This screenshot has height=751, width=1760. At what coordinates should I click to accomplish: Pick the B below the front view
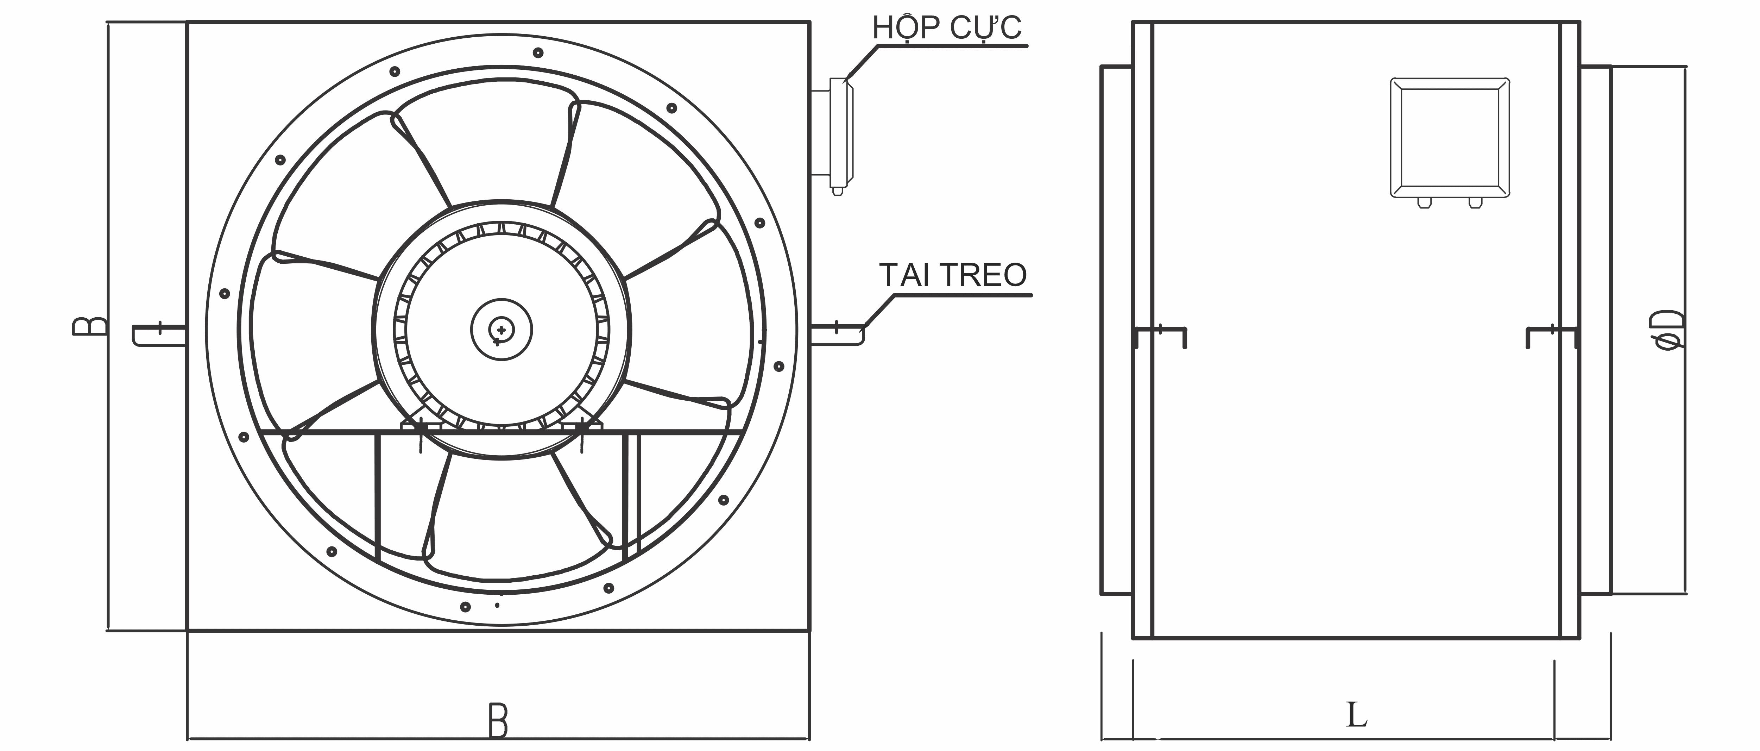click(498, 721)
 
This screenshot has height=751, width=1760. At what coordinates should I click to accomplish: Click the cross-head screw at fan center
click(501, 330)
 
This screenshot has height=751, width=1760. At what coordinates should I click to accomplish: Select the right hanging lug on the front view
click(838, 335)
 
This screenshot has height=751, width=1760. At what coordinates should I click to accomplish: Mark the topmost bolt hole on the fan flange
click(538, 52)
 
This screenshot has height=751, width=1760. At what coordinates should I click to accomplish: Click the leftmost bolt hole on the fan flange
click(224, 294)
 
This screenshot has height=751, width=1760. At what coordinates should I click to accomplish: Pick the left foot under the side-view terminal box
click(1424, 203)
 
